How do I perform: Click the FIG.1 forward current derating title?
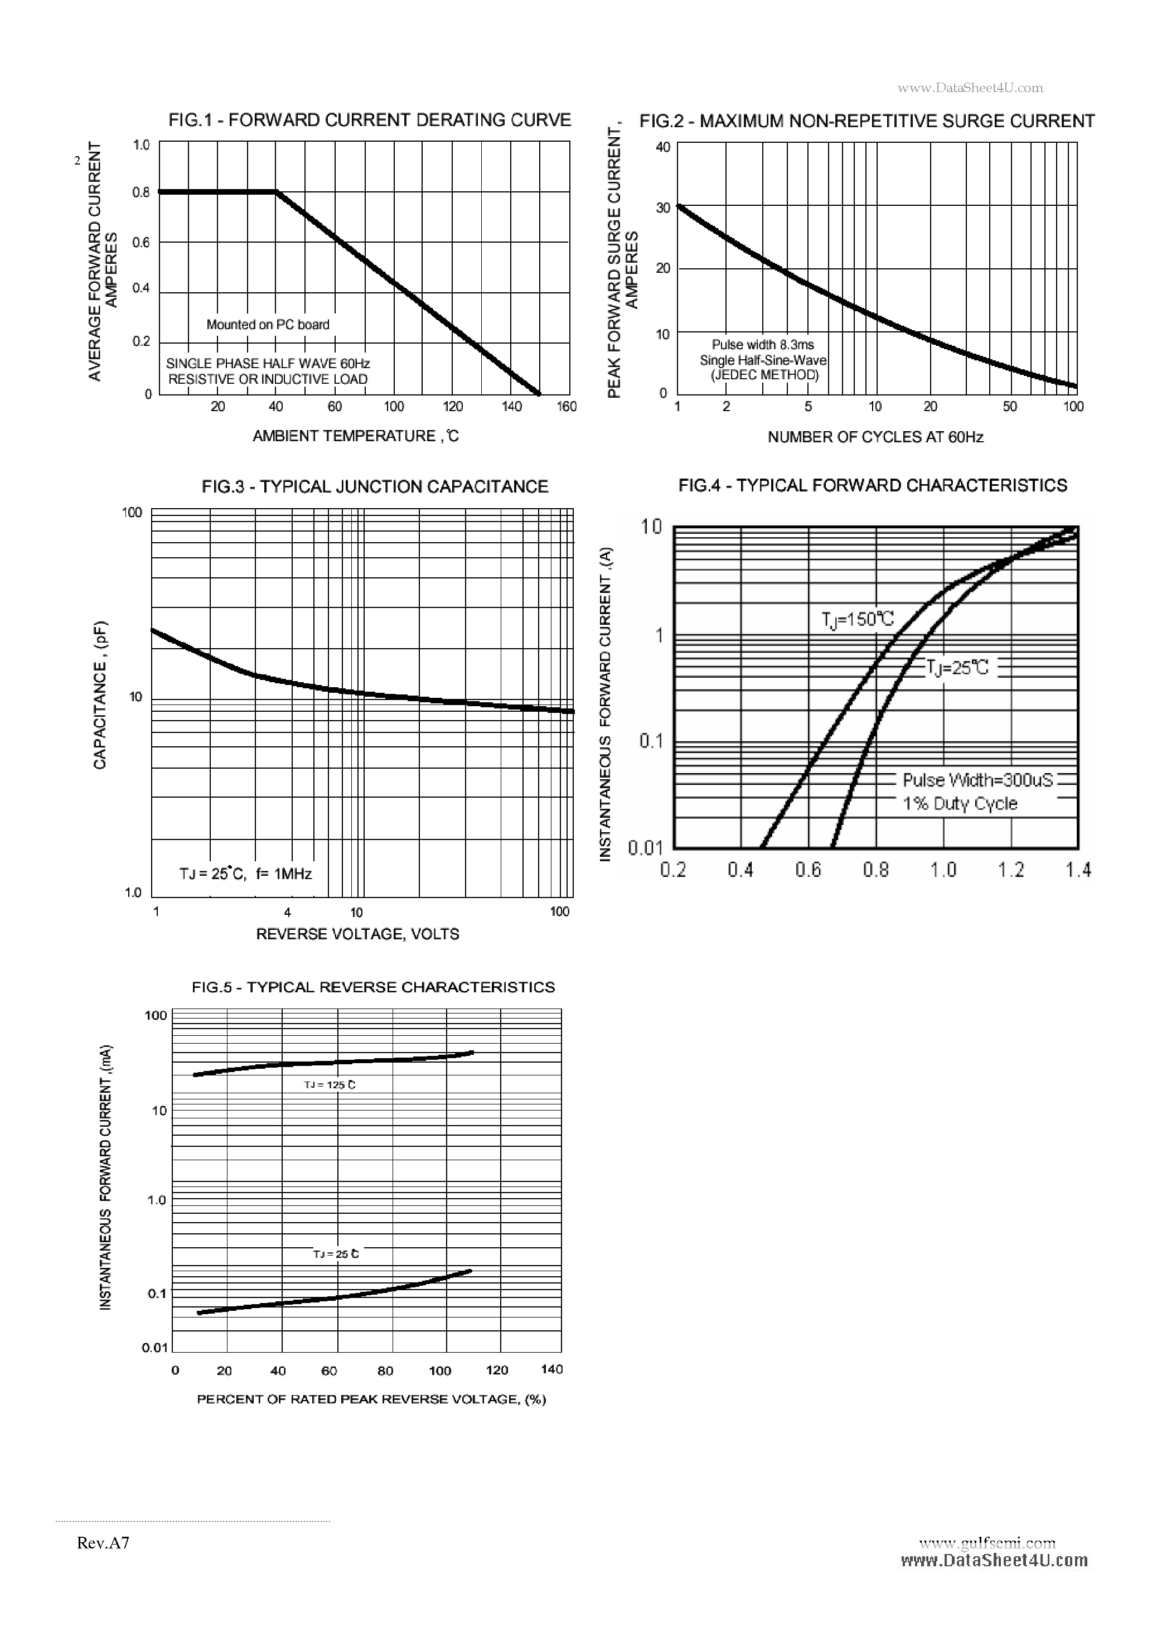369,120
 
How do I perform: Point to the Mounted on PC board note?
268,325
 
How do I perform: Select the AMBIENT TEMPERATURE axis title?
356,436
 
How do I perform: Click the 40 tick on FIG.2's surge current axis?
662,147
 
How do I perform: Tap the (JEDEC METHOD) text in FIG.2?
764,375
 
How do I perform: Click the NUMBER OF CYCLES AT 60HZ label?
875,437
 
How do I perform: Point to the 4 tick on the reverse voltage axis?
288,912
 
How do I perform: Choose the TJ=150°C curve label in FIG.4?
858,620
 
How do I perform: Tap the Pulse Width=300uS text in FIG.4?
978,780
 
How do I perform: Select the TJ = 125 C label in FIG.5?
330,1085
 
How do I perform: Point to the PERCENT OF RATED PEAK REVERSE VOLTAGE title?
371,1399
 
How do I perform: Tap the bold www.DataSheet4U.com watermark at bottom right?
994,1561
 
